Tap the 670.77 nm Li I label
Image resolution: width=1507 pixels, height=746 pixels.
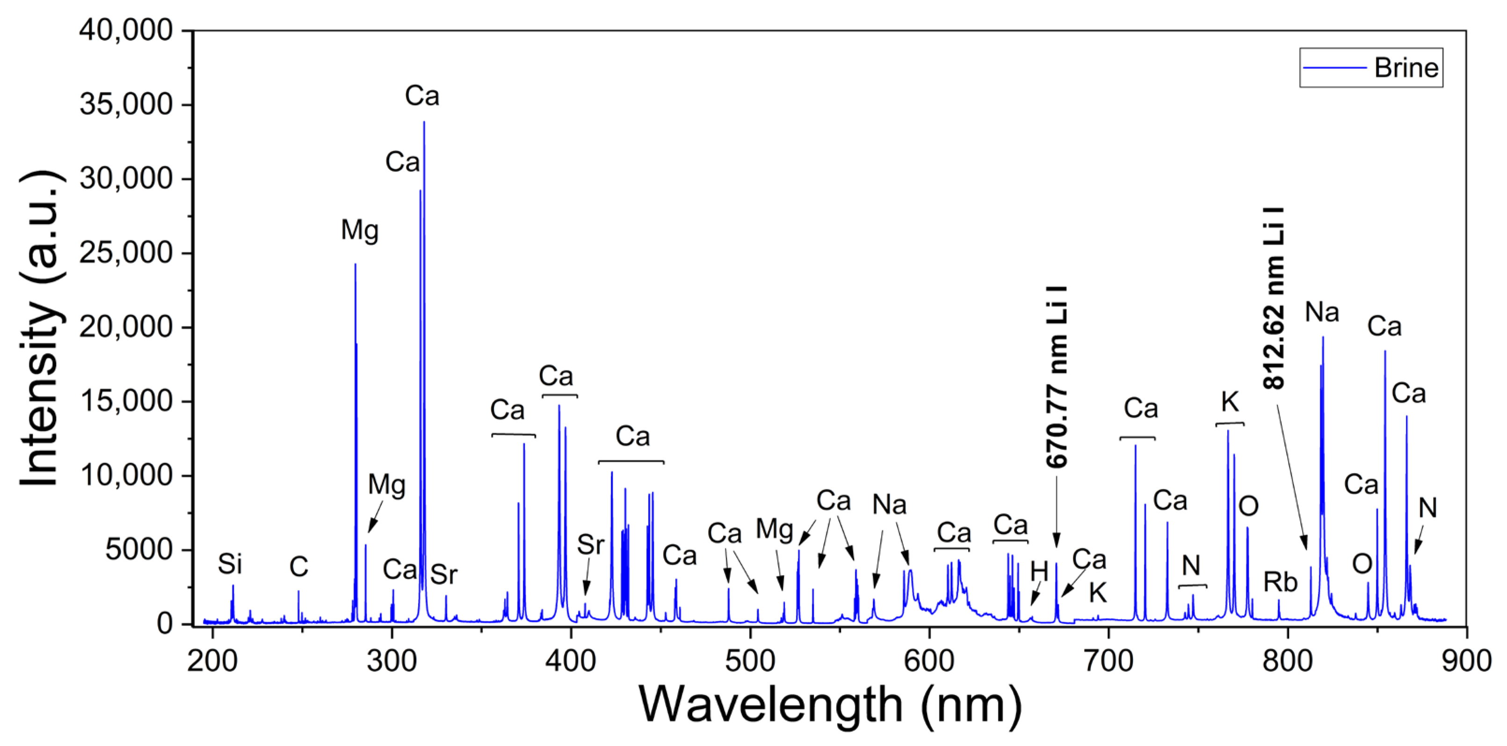point(1057,378)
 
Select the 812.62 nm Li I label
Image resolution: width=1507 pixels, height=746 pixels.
point(1274,299)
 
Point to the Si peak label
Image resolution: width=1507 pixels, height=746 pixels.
point(230,564)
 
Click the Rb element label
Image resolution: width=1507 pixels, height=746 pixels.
point(1280,582)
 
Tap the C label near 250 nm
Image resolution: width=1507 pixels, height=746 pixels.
point(298,567)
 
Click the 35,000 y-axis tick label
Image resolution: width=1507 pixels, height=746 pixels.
point(126,105)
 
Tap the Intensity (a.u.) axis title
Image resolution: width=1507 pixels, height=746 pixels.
point(40,328)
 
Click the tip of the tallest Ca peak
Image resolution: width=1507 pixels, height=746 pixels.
point(424,122)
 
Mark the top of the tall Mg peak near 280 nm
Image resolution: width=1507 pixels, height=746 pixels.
point(355,265)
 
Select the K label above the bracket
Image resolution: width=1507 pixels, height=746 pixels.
point(1230,402)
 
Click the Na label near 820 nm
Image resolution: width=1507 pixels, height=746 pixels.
point(1322,312)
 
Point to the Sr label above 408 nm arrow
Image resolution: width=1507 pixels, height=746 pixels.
point(590,545)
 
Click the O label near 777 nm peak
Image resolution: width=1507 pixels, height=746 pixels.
point(1248,506)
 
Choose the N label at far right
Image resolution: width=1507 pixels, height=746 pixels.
point(1427,508)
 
